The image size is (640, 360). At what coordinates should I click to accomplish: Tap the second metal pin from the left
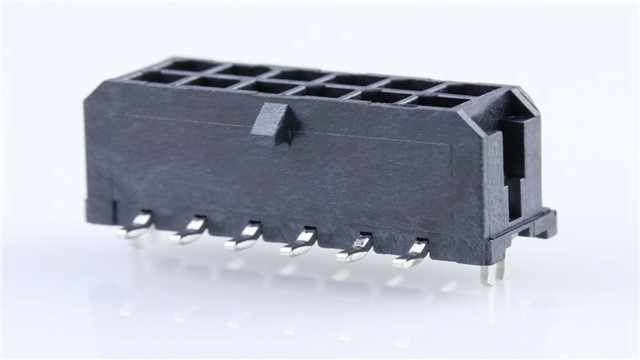tap(190, 233)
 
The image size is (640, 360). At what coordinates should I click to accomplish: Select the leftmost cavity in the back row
tap(185, 66)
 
